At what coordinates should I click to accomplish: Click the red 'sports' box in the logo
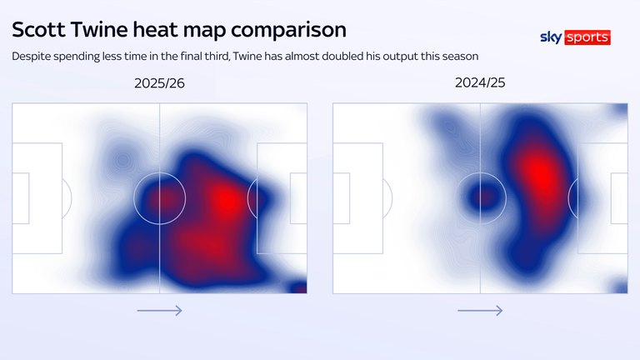click(587, 37)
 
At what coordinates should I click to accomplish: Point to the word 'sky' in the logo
click(551, 37)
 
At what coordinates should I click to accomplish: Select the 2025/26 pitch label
click(159, 83)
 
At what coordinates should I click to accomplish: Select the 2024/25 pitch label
click(480, 83)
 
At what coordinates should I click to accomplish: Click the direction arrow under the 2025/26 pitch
click(159, 311)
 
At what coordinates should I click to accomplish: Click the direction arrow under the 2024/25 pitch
click(480, 311)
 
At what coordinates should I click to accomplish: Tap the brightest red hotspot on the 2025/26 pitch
click(226, 198)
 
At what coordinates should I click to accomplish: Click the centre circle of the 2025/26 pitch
click(159, 198)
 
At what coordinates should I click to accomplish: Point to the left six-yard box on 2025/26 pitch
click(21, 198)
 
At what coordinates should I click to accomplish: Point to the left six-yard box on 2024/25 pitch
click(341, 198)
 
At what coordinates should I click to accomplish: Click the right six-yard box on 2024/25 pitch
click(619, 198)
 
